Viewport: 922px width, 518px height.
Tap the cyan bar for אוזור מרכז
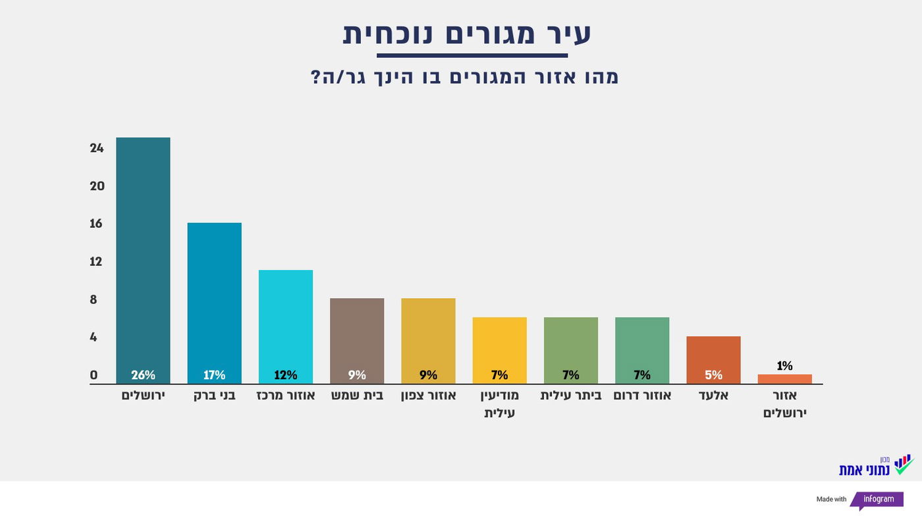coord(285,323)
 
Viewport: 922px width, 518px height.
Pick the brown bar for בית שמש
coord(356,336)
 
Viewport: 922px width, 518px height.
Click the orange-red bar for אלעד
coord(713,355)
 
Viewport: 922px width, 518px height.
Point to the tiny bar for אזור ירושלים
coord(784,379)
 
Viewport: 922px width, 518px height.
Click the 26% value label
coord(143,375)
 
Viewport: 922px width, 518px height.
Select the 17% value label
coord(214,375)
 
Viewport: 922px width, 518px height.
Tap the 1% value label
coord(784,366)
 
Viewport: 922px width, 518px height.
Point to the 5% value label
coord(713,375)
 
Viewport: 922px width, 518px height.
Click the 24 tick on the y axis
coord(97,148)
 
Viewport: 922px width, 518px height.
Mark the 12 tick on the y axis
coord(96,261)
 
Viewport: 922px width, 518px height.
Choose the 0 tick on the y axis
coord(94,375)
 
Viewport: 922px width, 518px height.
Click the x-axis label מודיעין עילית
coord(500,404)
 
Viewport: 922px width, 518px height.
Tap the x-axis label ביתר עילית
coord(570,396)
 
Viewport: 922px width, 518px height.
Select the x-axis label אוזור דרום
coord(642,396)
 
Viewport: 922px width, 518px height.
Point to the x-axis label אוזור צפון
coord(428,396)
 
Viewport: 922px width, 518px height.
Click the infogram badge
coord(879,500)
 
